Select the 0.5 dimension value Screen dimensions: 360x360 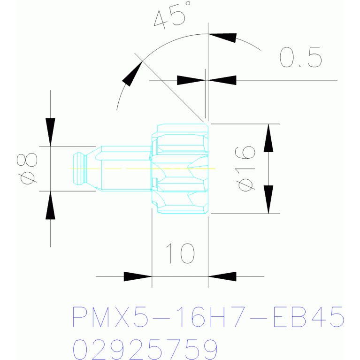tap(300, 58)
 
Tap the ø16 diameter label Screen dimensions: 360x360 tap(246, 168)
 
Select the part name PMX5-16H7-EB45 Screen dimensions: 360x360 tap(208, 317)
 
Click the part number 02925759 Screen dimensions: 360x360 tap(146, 349)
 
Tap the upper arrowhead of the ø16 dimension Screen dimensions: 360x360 tap(268, 138)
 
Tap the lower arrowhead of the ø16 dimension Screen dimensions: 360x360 tap(268, 199)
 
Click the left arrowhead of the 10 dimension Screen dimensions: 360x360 tap(138, 276)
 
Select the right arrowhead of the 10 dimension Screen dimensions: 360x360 tap(222, 276)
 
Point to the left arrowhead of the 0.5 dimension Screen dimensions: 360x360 tap(191, 80)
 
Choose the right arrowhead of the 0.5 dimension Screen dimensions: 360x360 tap(222, 80)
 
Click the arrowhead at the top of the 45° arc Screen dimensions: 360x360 tap(222, 38)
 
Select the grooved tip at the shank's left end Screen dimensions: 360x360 tap(79, 168)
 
